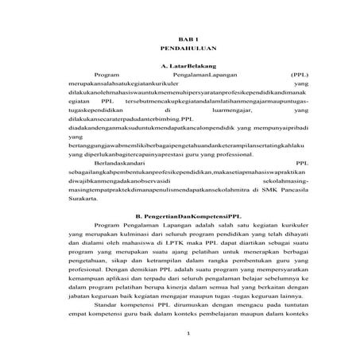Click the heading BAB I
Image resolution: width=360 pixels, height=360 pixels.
tap(182, 38)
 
